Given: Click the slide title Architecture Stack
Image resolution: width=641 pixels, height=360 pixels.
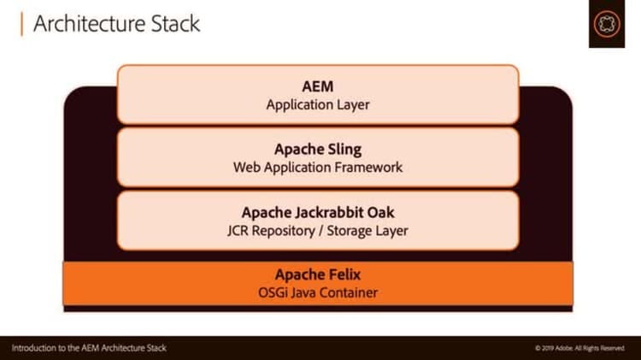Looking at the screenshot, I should coord(116,23).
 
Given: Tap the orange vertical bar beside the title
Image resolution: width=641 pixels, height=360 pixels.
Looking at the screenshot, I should coord(20,23).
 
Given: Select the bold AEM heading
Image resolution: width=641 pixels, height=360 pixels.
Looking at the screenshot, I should coord(317,86).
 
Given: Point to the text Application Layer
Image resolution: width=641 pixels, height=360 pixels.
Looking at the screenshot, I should coord(317,104).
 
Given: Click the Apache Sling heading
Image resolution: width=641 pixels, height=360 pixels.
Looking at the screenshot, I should coord(317,149).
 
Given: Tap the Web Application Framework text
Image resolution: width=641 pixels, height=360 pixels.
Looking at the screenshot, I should coord(317,168).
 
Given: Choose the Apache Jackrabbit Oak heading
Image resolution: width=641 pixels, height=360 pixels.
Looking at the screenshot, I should coord(317,212).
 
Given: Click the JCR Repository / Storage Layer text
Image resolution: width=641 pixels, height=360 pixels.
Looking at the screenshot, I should coord(317,231).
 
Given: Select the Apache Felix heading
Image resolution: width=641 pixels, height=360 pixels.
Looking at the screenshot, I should coord(317,274).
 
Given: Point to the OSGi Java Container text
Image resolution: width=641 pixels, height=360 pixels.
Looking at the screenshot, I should coord(317,293).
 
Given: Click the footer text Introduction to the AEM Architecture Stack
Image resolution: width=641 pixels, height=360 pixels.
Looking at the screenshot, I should coord(89,348).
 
